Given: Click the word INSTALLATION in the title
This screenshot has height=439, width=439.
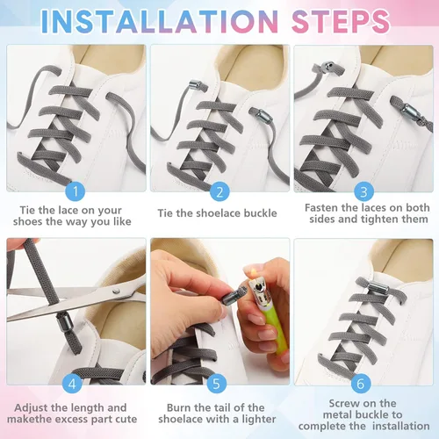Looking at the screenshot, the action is pyautogui.click(x=160, y=21).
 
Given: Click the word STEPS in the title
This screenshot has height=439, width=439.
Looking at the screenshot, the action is pyautogui.click(x=341, y=21).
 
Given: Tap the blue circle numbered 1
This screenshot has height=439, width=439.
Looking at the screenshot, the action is pyautogui.click(x=76, y=191).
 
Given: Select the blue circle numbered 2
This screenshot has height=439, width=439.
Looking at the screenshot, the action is pyautogui.click(x=219, y=192).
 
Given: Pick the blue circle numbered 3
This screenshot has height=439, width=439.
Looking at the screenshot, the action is pyautogui.click(x=363, y=192).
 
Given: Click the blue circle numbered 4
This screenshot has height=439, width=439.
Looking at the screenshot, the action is pyautogui.click(x=72, y=384).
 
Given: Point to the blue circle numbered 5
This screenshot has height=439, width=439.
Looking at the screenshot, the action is pyautogui.click(x=217, y=384).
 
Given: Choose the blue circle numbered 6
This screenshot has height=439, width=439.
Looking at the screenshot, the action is pyautogui.click(x=361, y=383).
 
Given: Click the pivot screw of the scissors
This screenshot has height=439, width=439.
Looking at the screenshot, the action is pyautogui.click(x=116, y=291).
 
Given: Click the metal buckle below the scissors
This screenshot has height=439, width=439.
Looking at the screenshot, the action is pyautogui.click(x=63, y=323).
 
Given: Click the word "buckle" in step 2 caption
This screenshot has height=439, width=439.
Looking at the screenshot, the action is pyautogui.click(x=260, y=213).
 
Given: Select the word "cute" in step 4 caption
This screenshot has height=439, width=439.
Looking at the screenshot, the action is pyautogui.click(x=126, y=419).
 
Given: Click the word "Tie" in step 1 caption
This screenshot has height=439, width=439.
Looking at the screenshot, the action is pyautogui.click(x=27, y=210).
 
